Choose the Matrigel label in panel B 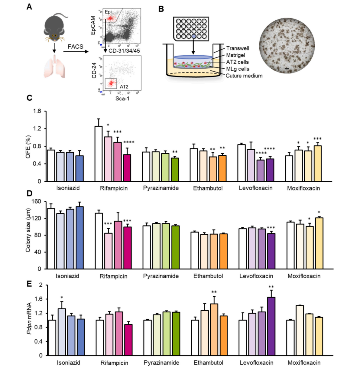coord(235,55)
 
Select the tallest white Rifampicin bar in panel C coord(98,153)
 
